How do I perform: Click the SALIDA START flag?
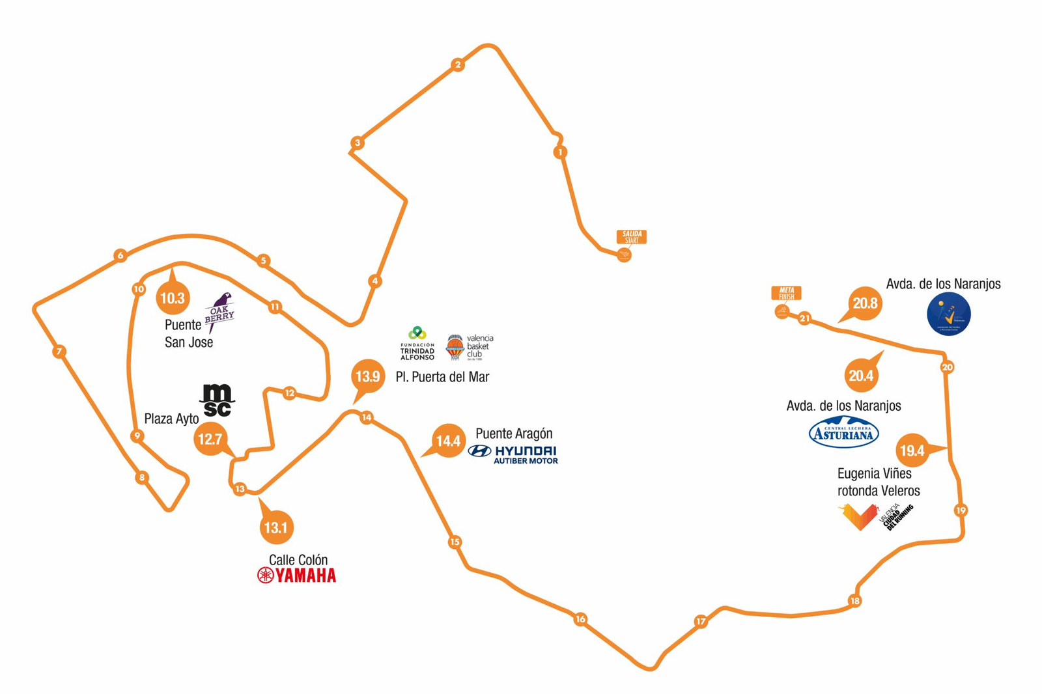click(631, 236)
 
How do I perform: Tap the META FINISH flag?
click(786, 294)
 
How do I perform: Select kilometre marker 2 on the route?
click(458, 64)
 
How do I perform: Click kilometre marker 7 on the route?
click(59, 352)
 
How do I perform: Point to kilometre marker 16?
click(580, 619)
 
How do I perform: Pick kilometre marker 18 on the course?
click(854, 601)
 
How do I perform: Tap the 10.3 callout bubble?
click(173, 298)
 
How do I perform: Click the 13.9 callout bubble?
click(367, 376)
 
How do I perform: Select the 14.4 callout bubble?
click(448, 441)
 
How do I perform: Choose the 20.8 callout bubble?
click(865, 303)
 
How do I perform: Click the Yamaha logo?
click(297, 576)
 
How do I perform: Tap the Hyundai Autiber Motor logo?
click(513, 454)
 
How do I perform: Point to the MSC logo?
click(217, 400)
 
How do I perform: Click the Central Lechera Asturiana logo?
click(843, 432)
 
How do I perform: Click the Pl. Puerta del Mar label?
click(442, 377)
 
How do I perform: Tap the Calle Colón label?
click(298, 560)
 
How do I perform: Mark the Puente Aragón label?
click(514, 434)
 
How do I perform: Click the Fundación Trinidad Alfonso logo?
click(417, 343)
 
